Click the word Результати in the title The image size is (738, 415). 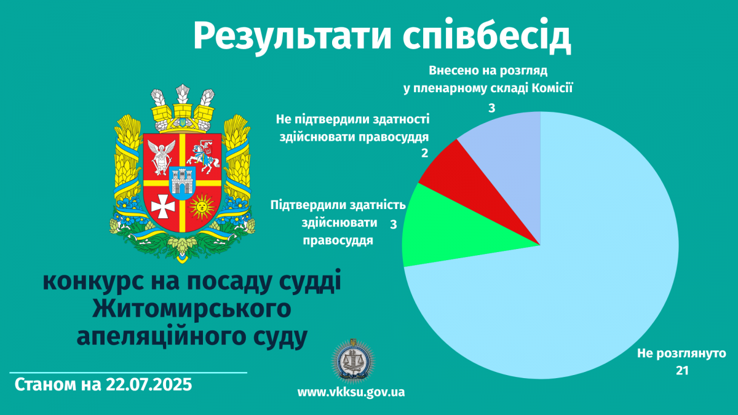[292, 37]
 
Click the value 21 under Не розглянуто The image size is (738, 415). [682, 371]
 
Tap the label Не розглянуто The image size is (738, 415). [681, 354]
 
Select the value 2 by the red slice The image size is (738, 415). [425, 153]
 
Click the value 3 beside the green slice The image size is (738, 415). [394, 224]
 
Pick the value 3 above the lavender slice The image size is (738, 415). [491, 108]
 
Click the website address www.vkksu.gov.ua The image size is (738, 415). [351, 392]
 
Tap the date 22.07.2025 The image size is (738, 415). [149, 385]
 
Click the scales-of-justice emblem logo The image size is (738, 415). [353, 362]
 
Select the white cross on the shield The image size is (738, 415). [163, 207]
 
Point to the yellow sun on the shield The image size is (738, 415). [202, 207]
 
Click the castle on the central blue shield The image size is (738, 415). [183, 182]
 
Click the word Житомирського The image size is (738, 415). [192, 309]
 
